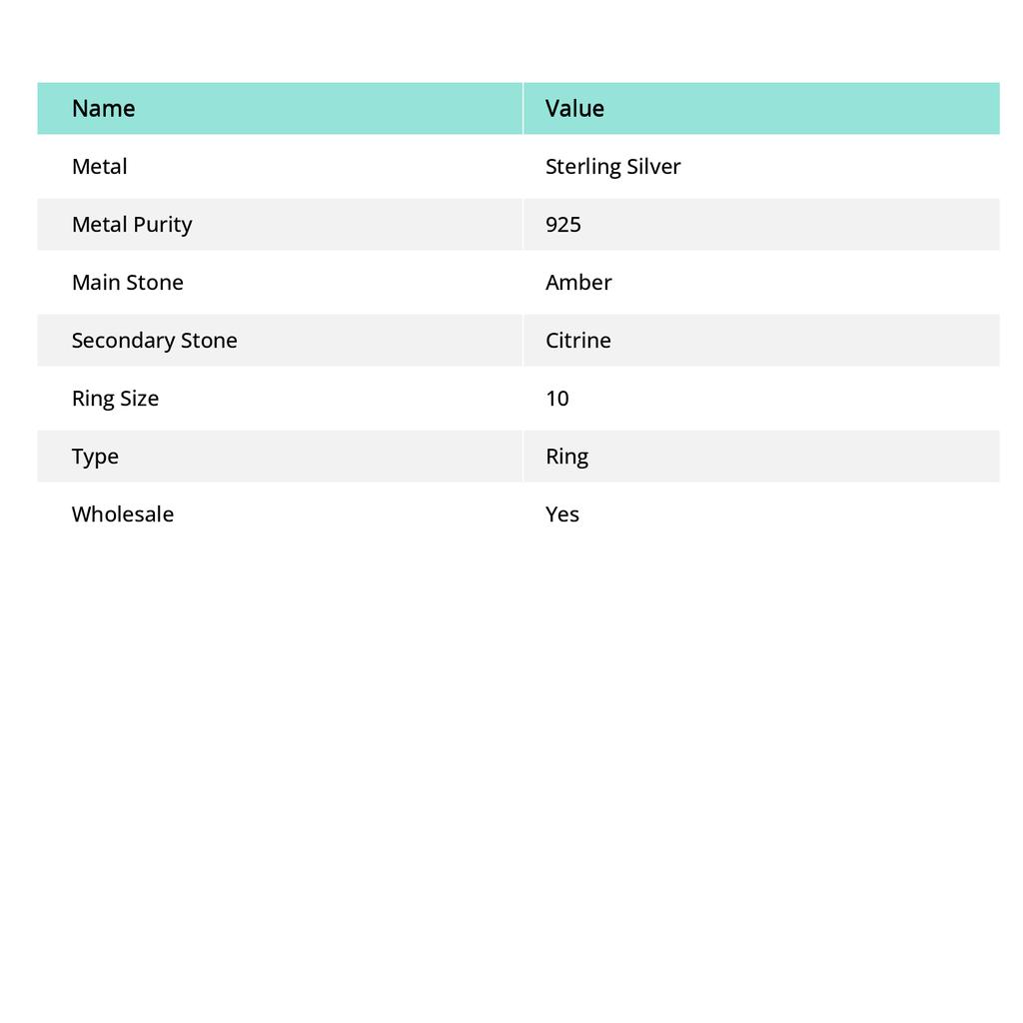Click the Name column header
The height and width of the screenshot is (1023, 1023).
(x=103, y=108)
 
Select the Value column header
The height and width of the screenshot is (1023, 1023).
(x=574, y=108)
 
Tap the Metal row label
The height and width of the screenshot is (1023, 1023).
(x=99, y=166)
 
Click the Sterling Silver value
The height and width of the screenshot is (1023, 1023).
(x=612, y=166)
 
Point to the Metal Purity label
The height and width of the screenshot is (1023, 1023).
(x=131, y=224)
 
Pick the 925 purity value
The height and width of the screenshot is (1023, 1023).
(x=562, y=224)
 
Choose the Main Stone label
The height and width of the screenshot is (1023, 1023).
(x=127, y=282)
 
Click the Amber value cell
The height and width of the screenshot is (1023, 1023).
(x=578, y=282)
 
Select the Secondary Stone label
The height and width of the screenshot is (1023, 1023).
(x=154, y=340)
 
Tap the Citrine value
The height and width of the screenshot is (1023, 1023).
(x=577, y=340)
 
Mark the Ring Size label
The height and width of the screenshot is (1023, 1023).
(x=115, y=398)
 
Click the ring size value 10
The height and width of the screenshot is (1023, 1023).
(x=556, y=398)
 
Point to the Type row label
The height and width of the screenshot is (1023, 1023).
(x=95, y=456)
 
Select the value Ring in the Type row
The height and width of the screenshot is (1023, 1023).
(x=566, y=456)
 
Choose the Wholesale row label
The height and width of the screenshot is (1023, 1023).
(x=122, y=513)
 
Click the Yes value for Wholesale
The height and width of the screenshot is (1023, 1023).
(x=561, y=513)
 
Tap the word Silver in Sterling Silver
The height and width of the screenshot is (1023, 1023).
(x=653, y=166)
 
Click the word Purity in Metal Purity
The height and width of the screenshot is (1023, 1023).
(x=162, y=224)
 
